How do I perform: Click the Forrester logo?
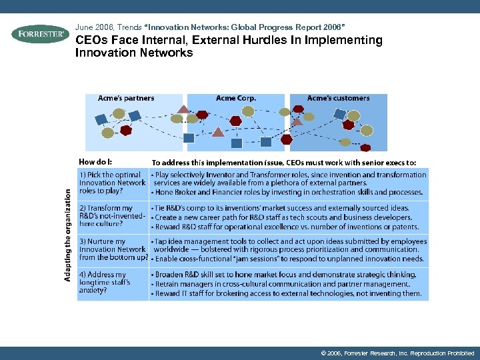point(40,34)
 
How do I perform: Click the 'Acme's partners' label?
point(126,99)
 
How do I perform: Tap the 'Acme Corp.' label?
point(236,99)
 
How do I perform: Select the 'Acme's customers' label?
point(338,99)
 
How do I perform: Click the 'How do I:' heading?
point(95,162)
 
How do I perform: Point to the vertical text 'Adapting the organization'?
point(68,233)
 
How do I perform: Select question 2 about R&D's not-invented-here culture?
point(111,216)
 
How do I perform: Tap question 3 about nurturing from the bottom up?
point(112,249)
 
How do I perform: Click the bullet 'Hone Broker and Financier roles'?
point(288,193)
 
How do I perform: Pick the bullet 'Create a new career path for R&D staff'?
point(283,217)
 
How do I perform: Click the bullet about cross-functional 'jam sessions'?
point(288,259)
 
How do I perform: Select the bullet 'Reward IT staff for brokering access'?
point(288,293)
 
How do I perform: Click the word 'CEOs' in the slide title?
point(90,40)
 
